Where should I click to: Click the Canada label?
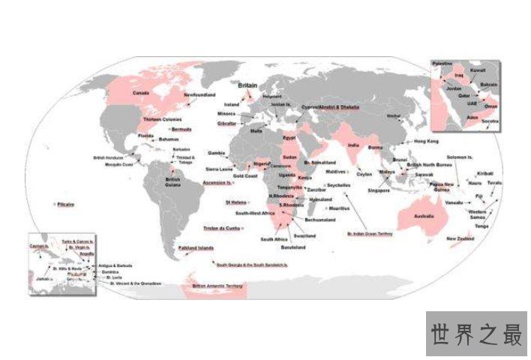[141, 93]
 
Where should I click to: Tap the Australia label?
[424, 216]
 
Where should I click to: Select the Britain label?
[248, 86]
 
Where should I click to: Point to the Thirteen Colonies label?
[162, 119]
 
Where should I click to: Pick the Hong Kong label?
[426, 141]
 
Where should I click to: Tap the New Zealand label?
[461, 238]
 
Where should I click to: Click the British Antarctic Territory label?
[218, 286]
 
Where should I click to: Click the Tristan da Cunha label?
[221, 227]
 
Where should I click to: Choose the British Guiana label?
[173, 181]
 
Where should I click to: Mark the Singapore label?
[379, 190]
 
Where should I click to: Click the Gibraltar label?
[226, 122]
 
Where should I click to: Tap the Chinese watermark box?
[476, 334]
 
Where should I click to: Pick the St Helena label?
[235, 202]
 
